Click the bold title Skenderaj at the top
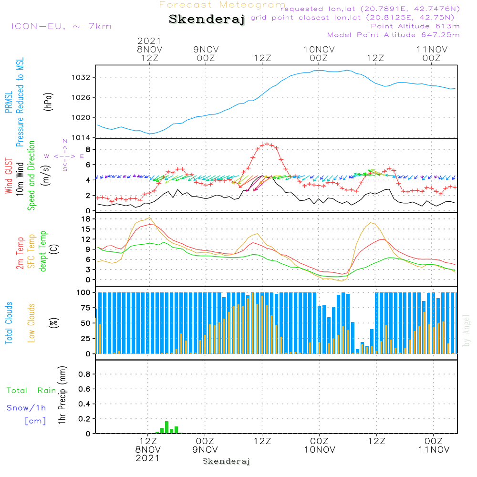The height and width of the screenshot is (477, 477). pyautogui.click(x=207, y=20)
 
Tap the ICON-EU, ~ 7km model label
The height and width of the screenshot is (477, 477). pyautogui.click(x=61, y=26)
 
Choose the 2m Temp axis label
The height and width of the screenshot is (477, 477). pyautogui.click(x=21, y=253)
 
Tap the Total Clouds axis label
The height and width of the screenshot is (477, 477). pyautogui.click(x=9, y=323)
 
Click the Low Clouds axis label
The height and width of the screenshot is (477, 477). pyautogui.click(x=31, y=323)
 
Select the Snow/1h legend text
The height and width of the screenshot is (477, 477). pyautogui.click(x=26, y=408)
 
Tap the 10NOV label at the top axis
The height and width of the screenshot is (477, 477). pyautogui.click(x=319, y=49)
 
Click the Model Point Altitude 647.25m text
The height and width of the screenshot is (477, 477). pyautogui.click(x=394, y=35)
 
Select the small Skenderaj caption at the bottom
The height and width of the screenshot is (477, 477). pyautogui.click(x=226, y=461)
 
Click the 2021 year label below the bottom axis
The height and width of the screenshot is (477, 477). pyautogui.click(x=148, y=458)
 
